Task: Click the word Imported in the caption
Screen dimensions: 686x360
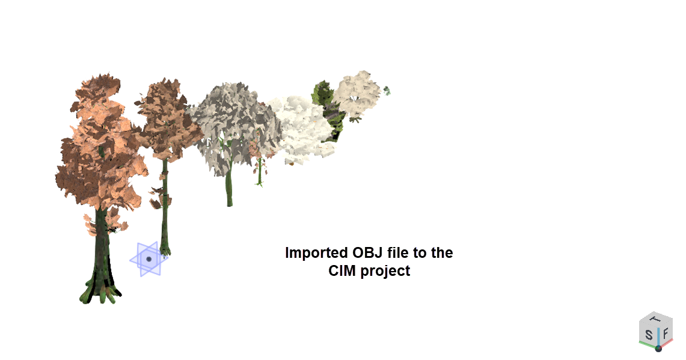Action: click(311, 253)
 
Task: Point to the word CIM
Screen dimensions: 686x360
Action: click(343, 271)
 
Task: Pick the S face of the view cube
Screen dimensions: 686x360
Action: click(648, 335)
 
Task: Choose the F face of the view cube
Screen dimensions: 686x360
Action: click(666, 334)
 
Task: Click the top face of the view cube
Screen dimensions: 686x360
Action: click(655, 319)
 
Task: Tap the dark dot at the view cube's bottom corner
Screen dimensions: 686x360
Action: click(658, 349)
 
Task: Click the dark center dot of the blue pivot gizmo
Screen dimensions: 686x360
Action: click(149, 259)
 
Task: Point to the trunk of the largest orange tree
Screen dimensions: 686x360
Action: click(102, 245)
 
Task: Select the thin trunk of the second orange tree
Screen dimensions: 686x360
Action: click(165, 206)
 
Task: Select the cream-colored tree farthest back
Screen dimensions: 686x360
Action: click(357, 94)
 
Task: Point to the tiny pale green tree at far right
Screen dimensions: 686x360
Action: click(387, 91)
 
